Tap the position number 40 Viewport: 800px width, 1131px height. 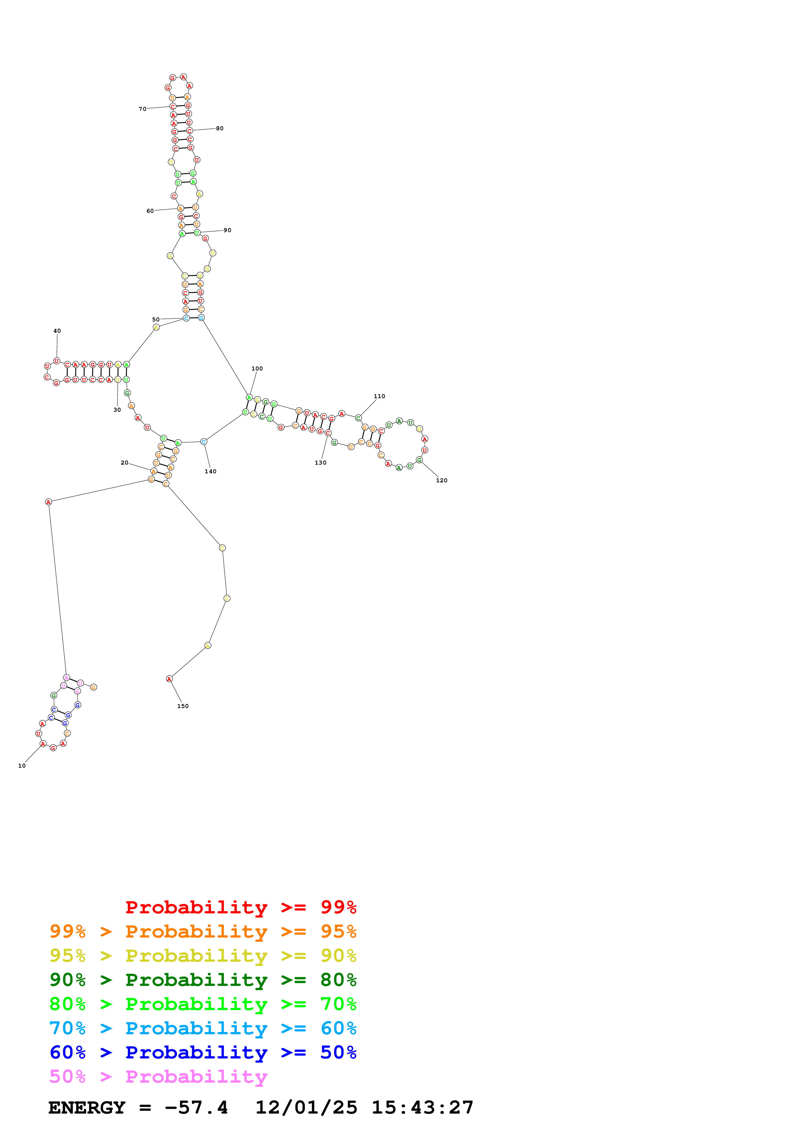57,331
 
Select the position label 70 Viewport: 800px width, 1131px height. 142,109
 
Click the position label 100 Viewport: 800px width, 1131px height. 257,369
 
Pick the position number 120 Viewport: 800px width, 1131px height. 442,480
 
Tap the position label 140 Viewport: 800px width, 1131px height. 210,471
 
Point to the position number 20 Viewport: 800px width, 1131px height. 124,463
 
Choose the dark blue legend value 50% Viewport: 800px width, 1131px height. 338,1052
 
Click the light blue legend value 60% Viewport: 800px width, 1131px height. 338,1028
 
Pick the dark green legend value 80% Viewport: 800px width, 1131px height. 338,980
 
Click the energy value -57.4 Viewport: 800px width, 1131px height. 196,1107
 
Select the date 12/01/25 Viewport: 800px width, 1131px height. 306,1107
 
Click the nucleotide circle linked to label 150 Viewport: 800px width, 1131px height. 169,679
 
